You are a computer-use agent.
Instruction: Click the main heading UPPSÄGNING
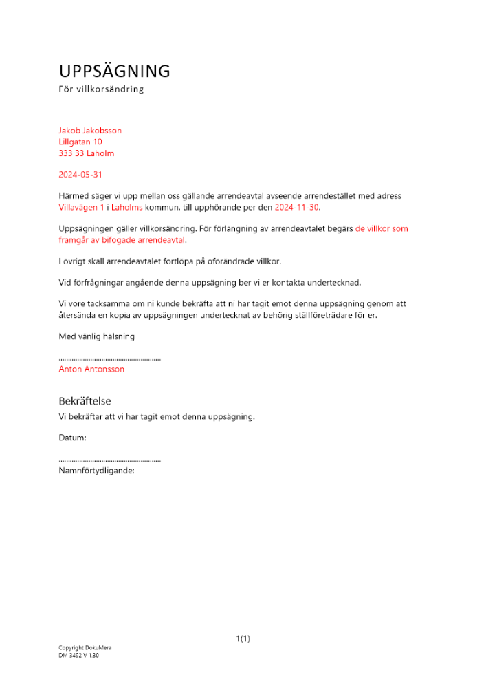(x=114, y=72)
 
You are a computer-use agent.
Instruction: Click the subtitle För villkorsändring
(x=101, y=89)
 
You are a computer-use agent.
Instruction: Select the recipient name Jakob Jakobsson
(x=90, y=131)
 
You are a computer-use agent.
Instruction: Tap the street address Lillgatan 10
(x=80, y=142)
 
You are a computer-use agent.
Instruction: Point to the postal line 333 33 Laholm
(x=87, y=153)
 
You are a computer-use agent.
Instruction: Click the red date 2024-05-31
(x=80, y=175)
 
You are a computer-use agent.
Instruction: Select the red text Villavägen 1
(x=82, y=207)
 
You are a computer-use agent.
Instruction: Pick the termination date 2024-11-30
(x=297, y=207)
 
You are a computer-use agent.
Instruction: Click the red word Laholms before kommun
(x=126, y=207)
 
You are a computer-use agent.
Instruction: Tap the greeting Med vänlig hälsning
(x=97, y=336)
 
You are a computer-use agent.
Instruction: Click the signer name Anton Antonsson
(x=91, y=369)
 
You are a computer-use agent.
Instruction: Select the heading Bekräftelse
(x=85, y=401)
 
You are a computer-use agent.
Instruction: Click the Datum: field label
(x=72, y=438)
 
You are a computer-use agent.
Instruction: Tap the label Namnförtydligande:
(x=96, y=471)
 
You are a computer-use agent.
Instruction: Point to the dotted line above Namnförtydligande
(x=110, y=460)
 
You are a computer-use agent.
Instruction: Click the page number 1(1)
(x=243, y=639)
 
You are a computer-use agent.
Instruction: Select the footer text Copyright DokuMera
(x=85, y=648)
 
